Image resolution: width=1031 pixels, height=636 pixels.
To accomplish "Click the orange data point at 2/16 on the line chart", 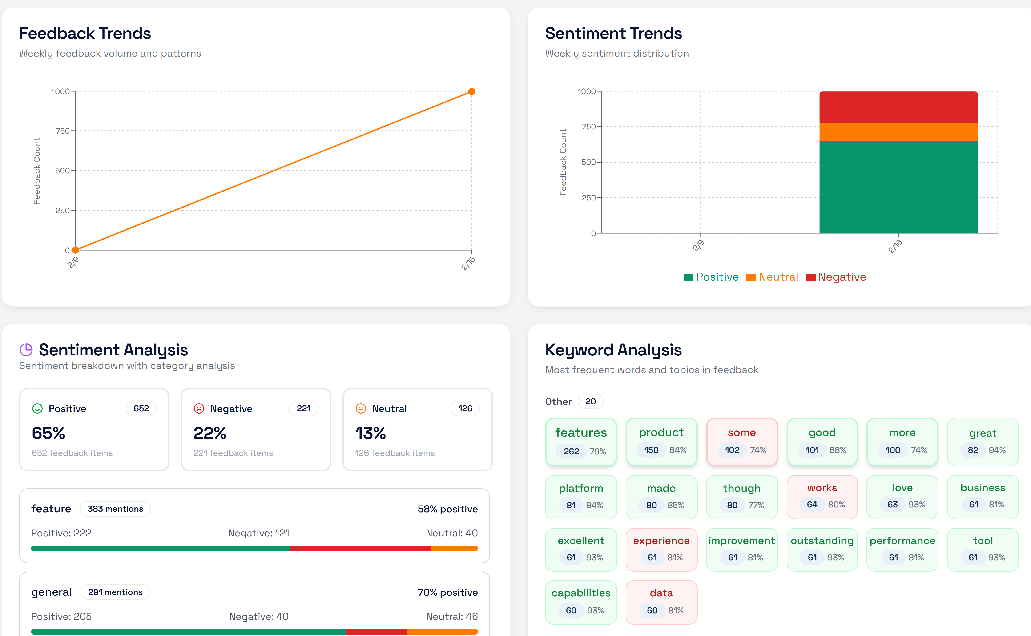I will (471, 91).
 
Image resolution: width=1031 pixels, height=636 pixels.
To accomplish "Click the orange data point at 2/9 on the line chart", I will (76, 250).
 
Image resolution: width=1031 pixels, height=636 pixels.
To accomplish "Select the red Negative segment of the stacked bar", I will (898, 107).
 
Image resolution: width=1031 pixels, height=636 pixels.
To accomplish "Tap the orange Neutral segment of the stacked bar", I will (898, 132).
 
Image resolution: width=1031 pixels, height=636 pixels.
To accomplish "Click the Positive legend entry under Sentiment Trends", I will (711, 277).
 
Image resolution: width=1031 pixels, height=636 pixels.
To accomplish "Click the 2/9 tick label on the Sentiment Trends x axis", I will (698, 245).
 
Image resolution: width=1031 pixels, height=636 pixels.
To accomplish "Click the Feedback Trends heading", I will (85, 33).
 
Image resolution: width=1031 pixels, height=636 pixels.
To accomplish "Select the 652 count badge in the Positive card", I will (141, 408).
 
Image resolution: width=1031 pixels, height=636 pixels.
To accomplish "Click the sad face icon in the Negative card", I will (199, 408).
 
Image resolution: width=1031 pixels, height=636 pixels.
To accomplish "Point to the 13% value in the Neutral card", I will (370, 433).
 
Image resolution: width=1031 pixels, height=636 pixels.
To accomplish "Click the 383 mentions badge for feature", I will (115, 509).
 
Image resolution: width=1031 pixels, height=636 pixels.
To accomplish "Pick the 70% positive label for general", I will (448, 592).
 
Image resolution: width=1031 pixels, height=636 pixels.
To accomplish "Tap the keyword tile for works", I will (822, 497).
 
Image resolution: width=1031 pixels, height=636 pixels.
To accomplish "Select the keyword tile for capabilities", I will (581, 602).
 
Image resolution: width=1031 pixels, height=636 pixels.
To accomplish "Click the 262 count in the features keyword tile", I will (571, 451).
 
